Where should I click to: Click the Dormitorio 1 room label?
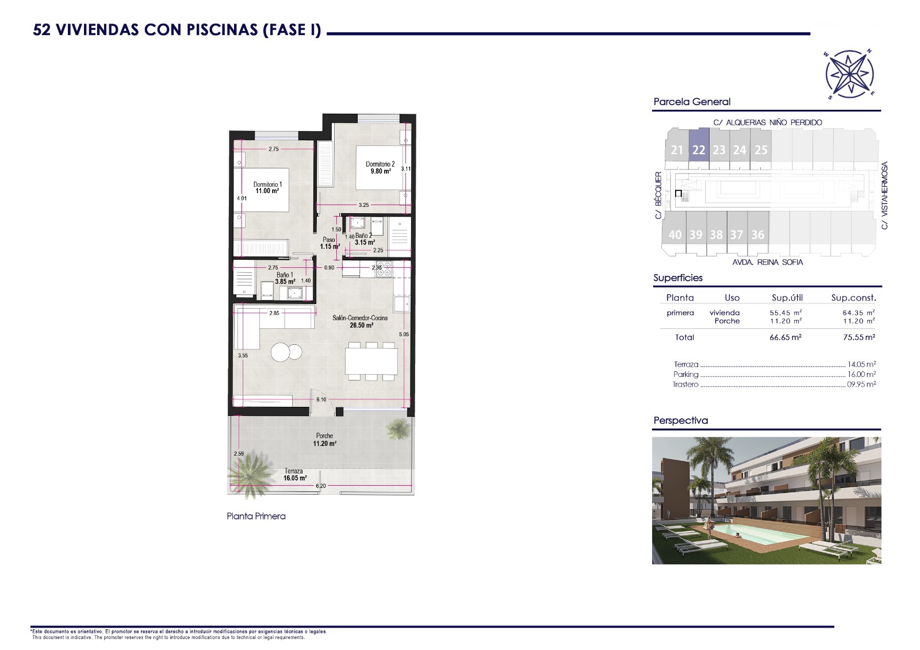tap(267, 184)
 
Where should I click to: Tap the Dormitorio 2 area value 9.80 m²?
tap(381, 171)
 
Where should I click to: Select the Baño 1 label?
tap(285, 275)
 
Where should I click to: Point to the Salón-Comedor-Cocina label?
tap(360, 318)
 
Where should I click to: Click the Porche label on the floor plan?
tap(324, 436)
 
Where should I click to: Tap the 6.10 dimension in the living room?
tap(321, 399)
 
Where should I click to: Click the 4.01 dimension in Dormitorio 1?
tap(242, 198)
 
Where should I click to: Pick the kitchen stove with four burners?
tap(385, 269)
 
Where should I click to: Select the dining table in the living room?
tap(371, 361)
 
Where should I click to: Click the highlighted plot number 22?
tap(699, 150)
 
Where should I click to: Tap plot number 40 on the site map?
tap(675, 235)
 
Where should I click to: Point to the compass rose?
tap(849, 74)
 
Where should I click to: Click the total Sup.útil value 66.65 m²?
tap(785, 337)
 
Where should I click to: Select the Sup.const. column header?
tap(853, 298)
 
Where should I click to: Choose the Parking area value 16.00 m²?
tap(862, 375)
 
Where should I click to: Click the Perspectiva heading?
tap(681, 421)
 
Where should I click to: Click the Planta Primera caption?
tap(256, 516)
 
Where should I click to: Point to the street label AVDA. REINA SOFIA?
tap(768, 263)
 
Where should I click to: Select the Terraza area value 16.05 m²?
tap(295, 478)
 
